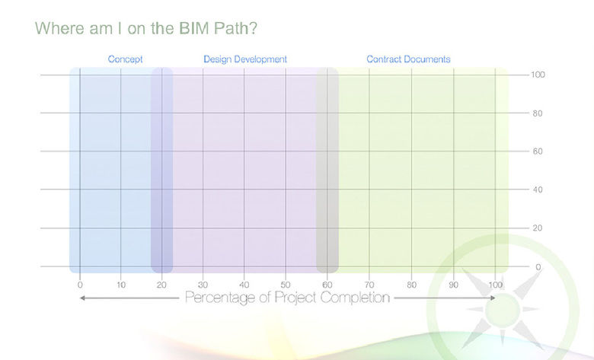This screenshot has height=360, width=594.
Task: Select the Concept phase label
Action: coord(125,59)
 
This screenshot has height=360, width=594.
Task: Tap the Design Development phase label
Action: coord(245,59)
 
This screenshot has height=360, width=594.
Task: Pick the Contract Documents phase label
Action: coord(408,59)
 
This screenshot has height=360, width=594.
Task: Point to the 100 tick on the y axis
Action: coord(538,75)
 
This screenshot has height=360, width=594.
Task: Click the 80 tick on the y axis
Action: coord(538,113)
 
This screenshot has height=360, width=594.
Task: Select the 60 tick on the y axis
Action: coord(538,151)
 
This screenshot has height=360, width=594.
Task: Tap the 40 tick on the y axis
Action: coord(538,190)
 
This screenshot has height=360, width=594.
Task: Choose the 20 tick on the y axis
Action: coord(538,228)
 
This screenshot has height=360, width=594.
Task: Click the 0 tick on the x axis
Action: coord(80,285)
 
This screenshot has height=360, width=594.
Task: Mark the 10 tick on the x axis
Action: coord(121,285)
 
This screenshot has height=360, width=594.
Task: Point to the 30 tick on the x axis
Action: coord(203,285)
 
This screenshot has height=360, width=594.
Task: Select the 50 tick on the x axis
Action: coord(286,285)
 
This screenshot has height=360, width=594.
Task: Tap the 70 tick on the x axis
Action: coord(369,285)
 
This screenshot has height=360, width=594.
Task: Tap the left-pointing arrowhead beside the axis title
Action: coord(83,298)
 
